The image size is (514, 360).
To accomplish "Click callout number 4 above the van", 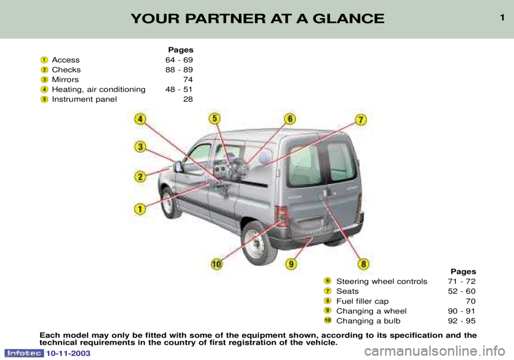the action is click(x=140, y=119).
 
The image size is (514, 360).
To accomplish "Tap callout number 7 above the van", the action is click(x=360, y=119).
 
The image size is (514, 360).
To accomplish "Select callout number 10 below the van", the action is click(x=216, y=264).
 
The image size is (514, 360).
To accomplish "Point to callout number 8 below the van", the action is click(x=363, y=264).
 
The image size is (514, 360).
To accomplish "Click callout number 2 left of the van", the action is click(x=140, y=177).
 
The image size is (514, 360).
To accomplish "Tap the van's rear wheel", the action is click(x=256, y=243).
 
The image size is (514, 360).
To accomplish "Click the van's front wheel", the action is click(x=169, y=202).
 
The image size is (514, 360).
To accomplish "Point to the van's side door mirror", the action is click(x=178, y=167).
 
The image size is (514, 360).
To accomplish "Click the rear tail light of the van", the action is click(x=282, y=216).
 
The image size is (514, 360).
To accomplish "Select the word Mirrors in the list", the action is click(x=65, y=80).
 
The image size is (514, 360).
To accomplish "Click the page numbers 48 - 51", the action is click(x=179, y=89).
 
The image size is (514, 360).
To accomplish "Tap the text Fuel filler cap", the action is click(x=362, y=301).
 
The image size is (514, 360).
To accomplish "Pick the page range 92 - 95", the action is click(x=462, y=321).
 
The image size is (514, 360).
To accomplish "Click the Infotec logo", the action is click(x=24, y=353).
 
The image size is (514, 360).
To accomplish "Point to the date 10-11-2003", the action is click(x=68, y=354).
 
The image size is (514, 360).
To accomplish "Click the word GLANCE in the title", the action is click(x=349, y=19).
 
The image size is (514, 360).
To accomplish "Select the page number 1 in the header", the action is click(x=502, y=18).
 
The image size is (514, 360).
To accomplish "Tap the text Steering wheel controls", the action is click(x=382, y=281).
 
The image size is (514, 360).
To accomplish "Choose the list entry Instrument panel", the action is click(x=84, y=99).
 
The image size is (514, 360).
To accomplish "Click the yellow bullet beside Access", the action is click(x=44, y=60).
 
